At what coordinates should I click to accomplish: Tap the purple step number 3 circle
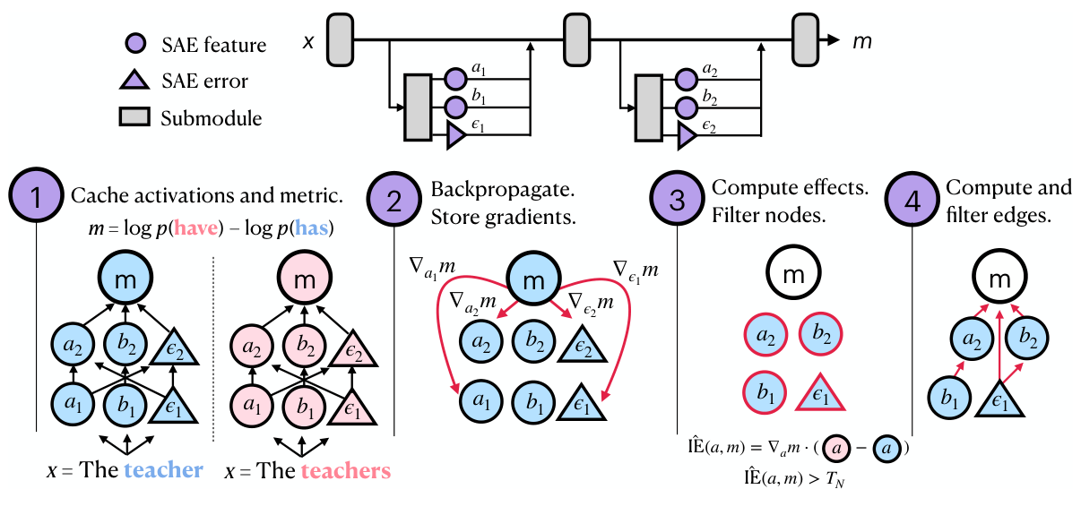coord(678,202)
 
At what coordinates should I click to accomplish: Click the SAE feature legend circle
coord(134,44)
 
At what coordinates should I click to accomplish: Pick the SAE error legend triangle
coord(134,81)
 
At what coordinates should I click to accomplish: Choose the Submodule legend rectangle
coord(134,118)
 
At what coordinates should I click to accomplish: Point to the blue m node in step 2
coord(533,280)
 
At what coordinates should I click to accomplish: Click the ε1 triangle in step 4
coord(999,395)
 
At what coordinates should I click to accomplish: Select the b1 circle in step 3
coord(765,391)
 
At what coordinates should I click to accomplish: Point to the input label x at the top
coord(307,41)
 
